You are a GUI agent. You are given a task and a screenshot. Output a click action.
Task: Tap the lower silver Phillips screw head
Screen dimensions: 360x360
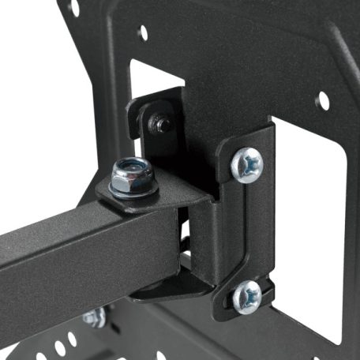click(247, 296)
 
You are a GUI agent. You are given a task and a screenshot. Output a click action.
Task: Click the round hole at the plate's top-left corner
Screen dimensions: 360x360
click(73, 8)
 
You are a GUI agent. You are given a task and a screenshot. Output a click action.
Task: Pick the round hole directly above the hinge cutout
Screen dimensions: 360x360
click(144, 33)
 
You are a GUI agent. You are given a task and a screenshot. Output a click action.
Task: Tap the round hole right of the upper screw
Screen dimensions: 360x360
click(322, 100)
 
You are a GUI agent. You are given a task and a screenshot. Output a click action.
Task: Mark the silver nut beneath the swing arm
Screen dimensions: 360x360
click(93, 318)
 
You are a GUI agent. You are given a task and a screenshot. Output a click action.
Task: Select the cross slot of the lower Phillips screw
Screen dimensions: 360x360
click(247, 296)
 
